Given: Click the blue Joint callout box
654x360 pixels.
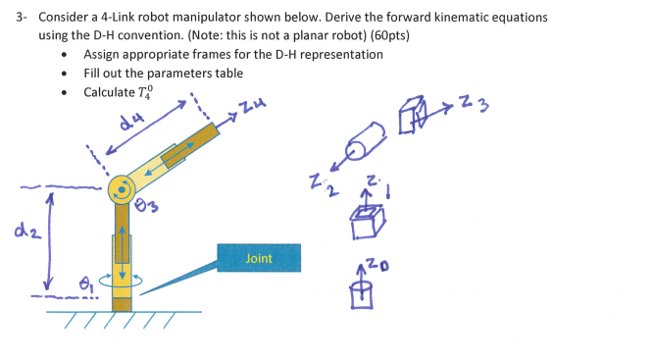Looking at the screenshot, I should coord(259,257).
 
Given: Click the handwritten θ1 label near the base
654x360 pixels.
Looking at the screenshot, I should coord(84,284).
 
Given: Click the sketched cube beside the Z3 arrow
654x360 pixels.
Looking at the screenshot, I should coord(412,117).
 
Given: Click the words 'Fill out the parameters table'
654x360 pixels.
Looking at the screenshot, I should coord(163,73).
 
